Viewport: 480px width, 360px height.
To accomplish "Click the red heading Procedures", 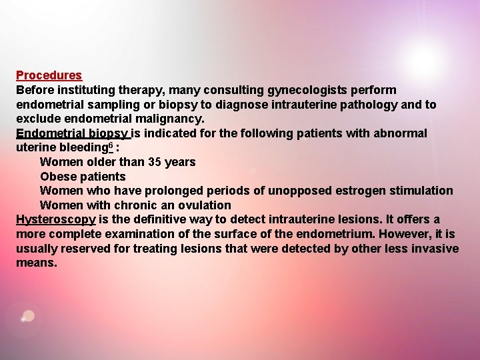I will (49, 75).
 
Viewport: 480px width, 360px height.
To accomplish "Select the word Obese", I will (57, 177).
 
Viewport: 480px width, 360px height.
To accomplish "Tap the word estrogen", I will (366, 191).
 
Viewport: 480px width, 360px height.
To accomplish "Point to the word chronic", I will (135, 205).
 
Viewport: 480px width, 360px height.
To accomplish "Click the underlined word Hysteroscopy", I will (55, 219).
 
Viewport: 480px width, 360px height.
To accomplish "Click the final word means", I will (36, 263).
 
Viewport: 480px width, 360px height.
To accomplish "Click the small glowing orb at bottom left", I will (28, 316).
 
